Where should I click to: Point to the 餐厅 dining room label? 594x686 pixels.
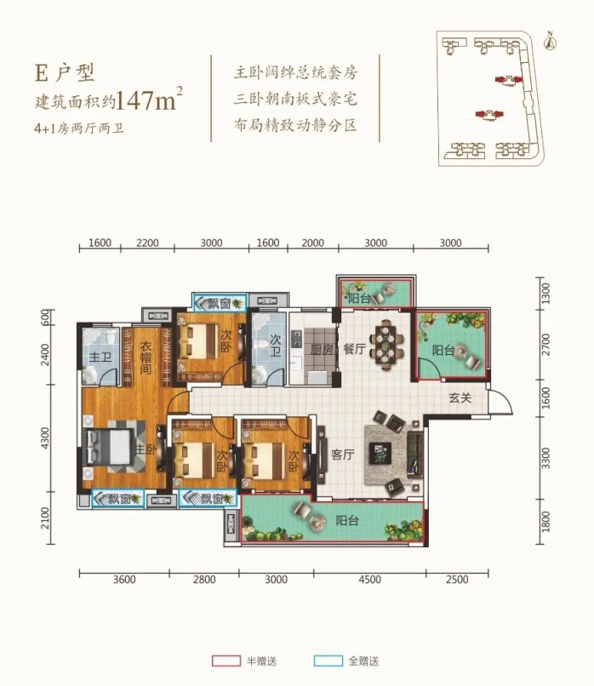pyautogui.click(x=352, y=348)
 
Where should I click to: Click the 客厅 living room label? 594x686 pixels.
pyautogui.click(x=342, y=454)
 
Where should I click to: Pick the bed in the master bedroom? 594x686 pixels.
pyautogui.click(x=111, y=450)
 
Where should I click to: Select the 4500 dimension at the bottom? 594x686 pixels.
pyautogui.click(x=369, y=581)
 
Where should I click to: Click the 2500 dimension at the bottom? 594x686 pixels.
pyautogui.click(x=457, y=581)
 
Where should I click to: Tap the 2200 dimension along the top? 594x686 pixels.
pyautogui.click(x=147, y=243)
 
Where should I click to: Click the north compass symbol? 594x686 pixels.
pyautogui.click(x=551, y=37)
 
